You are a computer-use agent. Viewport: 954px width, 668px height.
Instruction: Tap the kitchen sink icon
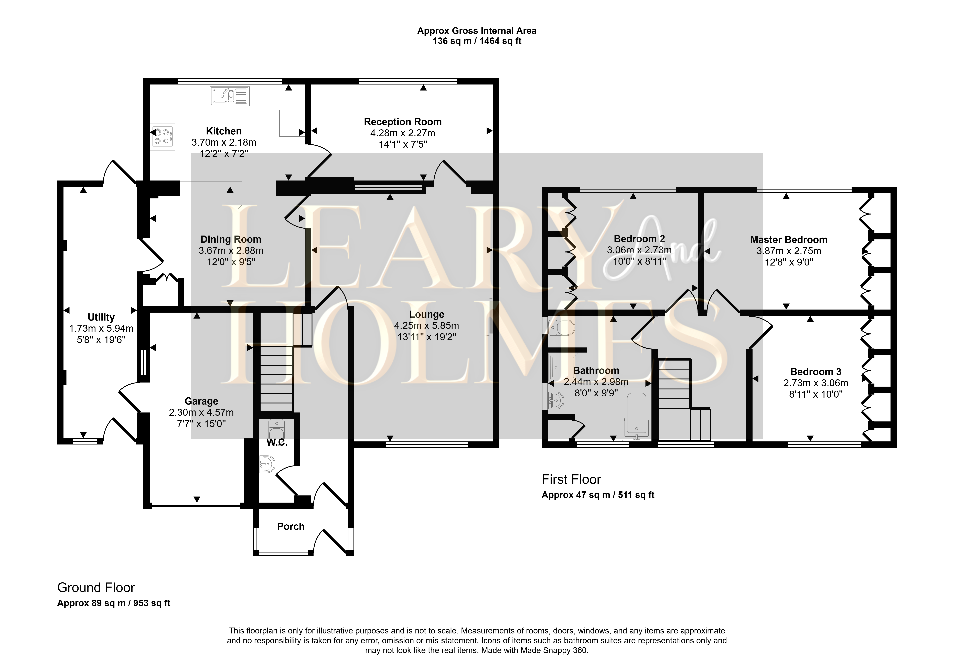coord(230,96)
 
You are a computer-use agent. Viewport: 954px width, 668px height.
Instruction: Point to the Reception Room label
coord(403,122)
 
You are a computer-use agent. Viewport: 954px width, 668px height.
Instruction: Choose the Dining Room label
coord(231,239)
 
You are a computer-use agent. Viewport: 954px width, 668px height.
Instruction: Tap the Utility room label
coord(101,318)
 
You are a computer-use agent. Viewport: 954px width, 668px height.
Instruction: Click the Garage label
coord(201,401)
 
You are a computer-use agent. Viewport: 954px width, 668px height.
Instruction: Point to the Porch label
coord(291,527)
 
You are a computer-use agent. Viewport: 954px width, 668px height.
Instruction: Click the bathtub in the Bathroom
coord(636,416)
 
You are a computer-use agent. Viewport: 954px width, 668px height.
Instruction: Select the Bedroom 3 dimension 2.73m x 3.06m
coord(816,383)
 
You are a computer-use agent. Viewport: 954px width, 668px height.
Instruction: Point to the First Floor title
coord(571,480)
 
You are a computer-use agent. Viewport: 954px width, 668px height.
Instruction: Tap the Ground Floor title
coord(96,588)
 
